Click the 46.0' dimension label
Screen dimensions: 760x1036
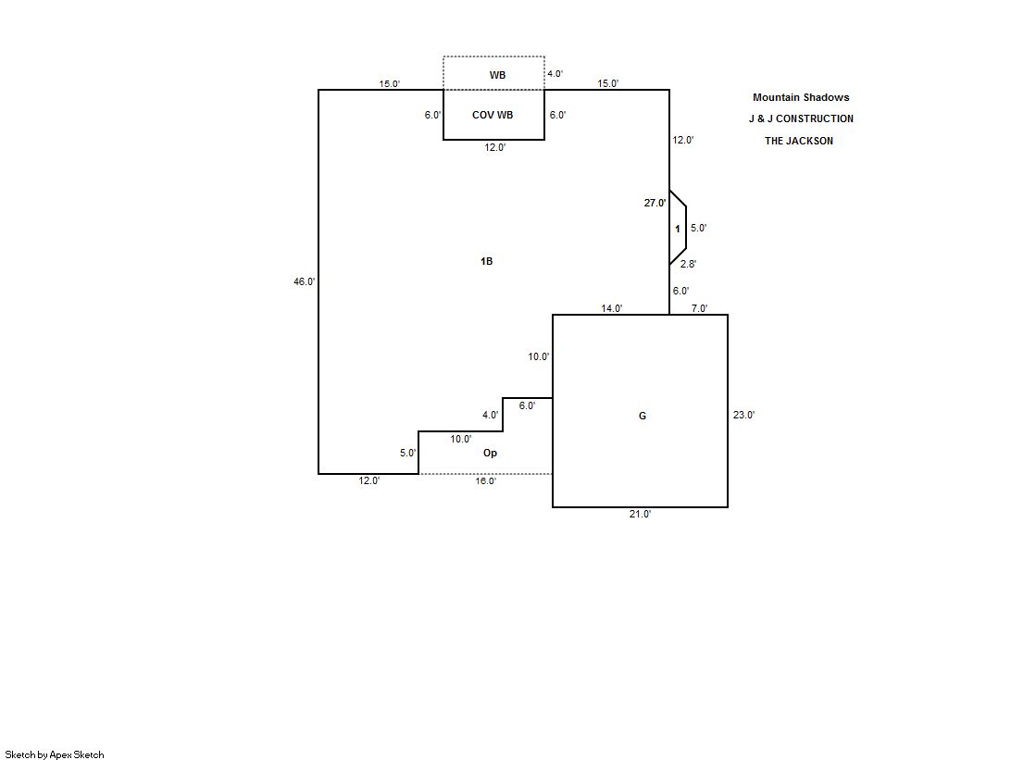305,281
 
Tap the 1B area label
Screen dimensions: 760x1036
486,261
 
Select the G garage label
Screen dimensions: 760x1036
643,416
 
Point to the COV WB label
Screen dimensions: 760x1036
493,115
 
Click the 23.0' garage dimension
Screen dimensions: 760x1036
743,415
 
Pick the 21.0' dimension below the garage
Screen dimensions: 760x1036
640,514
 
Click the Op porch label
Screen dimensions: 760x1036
490,453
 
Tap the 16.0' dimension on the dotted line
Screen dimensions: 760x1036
485,480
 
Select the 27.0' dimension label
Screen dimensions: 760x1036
655,203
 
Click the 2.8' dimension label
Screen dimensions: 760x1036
688,265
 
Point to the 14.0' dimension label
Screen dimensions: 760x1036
611,308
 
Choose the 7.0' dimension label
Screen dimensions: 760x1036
699,308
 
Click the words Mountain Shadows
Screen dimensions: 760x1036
801,97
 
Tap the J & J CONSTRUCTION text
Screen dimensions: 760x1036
801,118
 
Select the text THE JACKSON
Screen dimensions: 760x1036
798,141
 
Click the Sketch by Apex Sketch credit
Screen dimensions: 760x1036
55,754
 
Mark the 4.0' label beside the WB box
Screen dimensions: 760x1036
555,74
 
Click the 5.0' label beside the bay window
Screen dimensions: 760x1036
698,228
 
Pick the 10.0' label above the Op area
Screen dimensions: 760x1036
460,439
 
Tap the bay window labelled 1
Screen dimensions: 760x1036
678,228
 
